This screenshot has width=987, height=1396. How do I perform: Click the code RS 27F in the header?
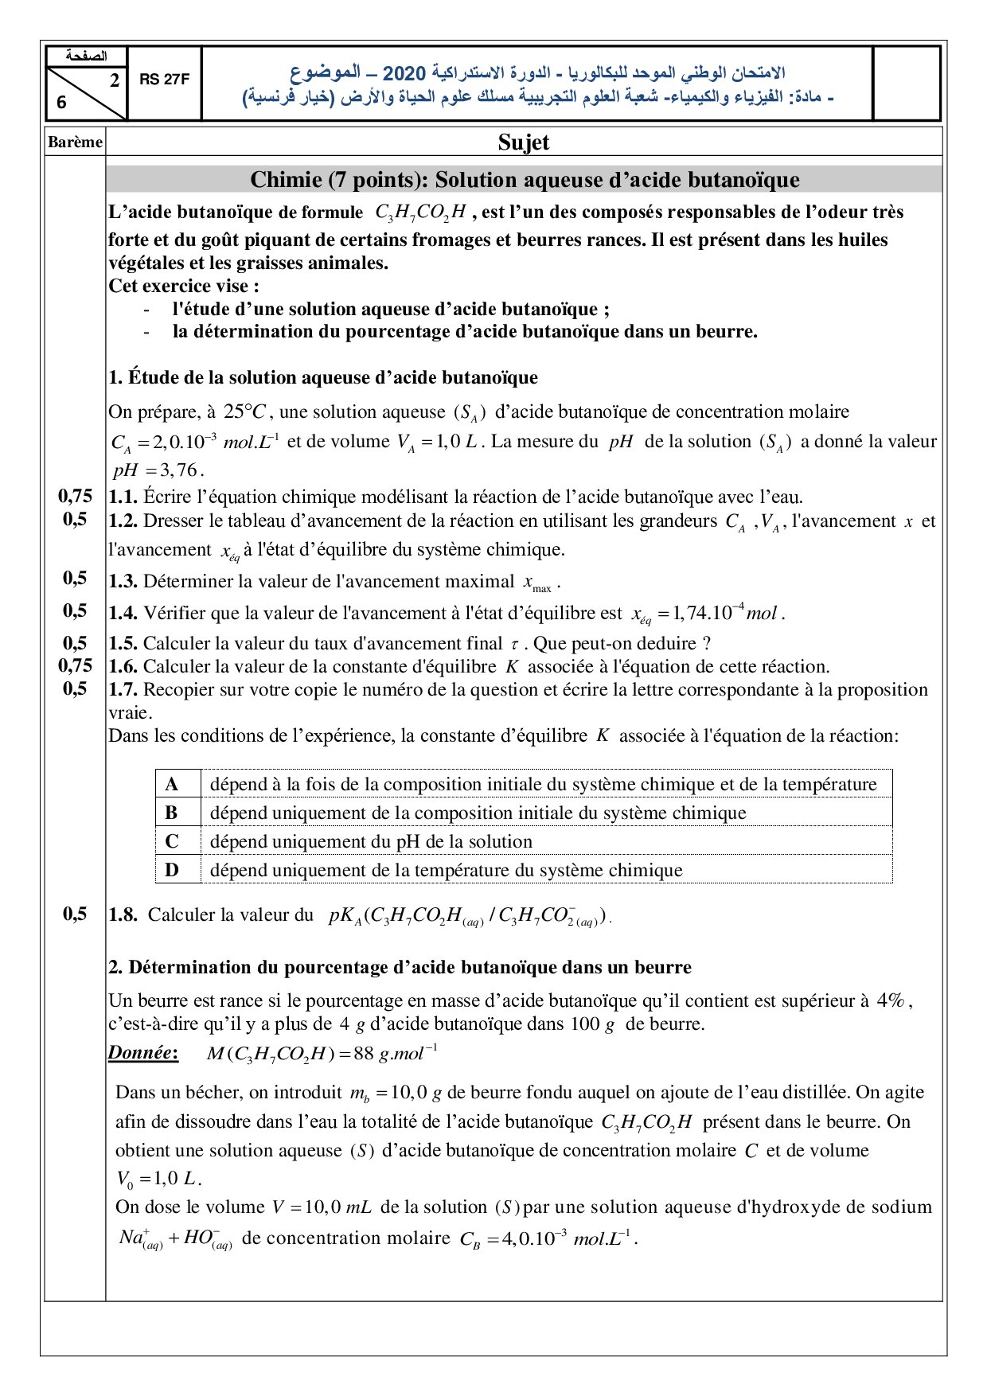click(164, 80)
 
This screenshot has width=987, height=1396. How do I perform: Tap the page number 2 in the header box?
click(115, 80)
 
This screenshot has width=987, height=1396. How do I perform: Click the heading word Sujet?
click(524, 142)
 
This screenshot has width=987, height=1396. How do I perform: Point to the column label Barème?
click(75, 142)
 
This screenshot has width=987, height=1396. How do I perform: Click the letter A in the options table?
click(172, 785)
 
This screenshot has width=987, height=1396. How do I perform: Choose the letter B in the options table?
click(172, 813)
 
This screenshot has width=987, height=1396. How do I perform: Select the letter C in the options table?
click(172, 842)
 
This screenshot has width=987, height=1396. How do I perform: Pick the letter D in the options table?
click(172, 871)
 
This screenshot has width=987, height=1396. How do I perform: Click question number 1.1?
click(123, 497)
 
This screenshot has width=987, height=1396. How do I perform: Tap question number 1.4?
click(123, 613)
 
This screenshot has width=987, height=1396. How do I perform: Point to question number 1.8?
click(123, 915)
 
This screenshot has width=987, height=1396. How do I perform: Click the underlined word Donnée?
click(142, 1053)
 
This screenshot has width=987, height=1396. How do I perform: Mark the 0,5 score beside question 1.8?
click(75, 914)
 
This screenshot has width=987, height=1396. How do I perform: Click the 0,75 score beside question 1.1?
click(75, 497)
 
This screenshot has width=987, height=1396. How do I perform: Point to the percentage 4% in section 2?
click(891, 1000)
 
